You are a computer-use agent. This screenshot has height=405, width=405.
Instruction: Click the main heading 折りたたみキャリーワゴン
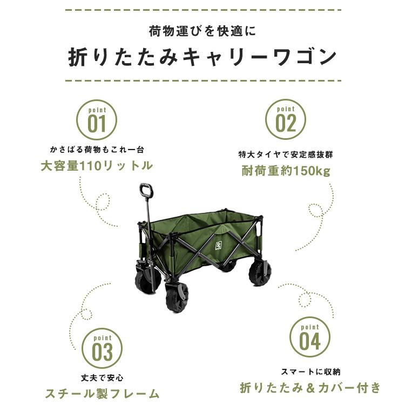(202, 57)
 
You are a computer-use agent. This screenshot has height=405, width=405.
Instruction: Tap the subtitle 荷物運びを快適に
(202, 31)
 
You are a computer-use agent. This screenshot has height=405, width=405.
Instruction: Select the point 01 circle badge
(97, 119)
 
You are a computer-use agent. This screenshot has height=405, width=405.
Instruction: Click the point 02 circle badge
(286, 119)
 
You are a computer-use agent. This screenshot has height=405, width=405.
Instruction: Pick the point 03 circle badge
(102, 348)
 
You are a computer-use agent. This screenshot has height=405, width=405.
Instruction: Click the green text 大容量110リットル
(97, 166)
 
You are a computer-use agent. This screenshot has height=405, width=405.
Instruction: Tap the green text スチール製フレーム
(103, 393)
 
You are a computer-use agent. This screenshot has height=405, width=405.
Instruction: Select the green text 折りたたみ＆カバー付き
(310, 387)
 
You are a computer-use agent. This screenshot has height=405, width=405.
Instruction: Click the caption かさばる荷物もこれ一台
(97, 149)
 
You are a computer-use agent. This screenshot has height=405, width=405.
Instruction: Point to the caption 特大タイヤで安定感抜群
(286, 154)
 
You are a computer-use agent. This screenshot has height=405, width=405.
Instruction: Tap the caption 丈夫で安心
(102, 376)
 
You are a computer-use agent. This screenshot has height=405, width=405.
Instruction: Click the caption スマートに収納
(310, 372)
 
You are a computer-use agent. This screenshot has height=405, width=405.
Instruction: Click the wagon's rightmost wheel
(260, 271)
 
